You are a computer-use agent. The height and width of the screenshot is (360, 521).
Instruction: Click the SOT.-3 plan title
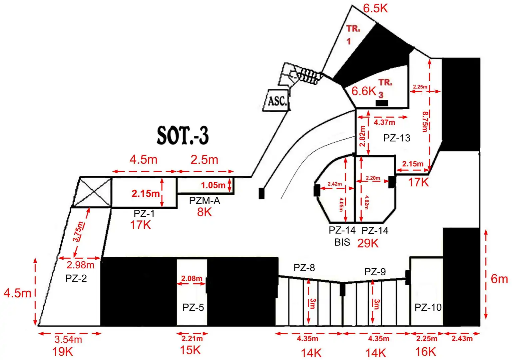[x=183, y=136]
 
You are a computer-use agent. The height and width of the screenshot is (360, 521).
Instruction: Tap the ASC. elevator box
[x=276, y=100]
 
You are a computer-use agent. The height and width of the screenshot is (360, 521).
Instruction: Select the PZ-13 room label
[x=396, y=138]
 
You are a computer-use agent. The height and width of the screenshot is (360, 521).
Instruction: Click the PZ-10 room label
[x=428, y=307]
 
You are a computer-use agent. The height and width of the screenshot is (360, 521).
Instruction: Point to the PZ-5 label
[x=193, y=307]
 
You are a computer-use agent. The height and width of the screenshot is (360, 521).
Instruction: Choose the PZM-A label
[x=205, y=200]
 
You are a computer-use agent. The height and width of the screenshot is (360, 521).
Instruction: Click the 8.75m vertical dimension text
[x=425, y=122]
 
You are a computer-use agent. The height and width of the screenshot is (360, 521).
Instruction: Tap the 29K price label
[x=368, y=243]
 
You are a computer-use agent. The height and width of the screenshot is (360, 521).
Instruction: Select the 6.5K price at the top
[x=375, y=9]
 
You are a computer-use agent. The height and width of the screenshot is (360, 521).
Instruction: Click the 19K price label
[x=63, y=351]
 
